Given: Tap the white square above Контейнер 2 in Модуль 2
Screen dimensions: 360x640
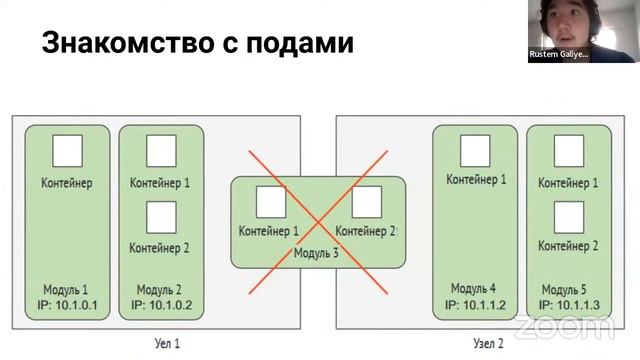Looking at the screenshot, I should click(x=161, y=216).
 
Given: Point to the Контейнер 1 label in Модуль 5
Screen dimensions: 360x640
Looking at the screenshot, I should click(x=568, y=183).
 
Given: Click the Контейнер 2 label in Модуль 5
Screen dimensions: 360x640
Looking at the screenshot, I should click(x=568, y=246).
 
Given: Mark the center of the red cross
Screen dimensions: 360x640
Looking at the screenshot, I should click(x=318, y=221).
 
